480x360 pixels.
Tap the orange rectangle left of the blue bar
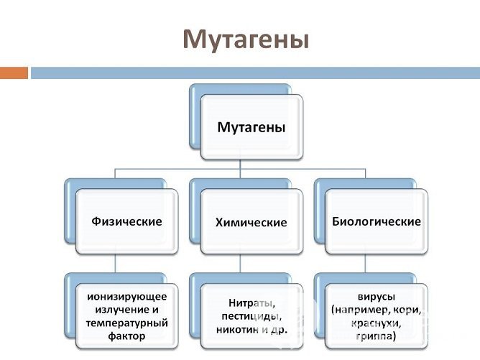(x=14, y=73)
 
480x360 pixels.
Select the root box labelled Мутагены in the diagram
(x=251, y=127)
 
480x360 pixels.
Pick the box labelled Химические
(x=251, y=222)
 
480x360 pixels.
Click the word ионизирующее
(x=126, y=297)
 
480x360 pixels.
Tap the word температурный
(x=126, y=323)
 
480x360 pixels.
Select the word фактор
(x=126, y=336)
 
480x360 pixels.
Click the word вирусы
(x=376, y=296)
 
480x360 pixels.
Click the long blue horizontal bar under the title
(x=255, y=73)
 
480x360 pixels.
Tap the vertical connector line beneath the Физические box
(x=116, y=263)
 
